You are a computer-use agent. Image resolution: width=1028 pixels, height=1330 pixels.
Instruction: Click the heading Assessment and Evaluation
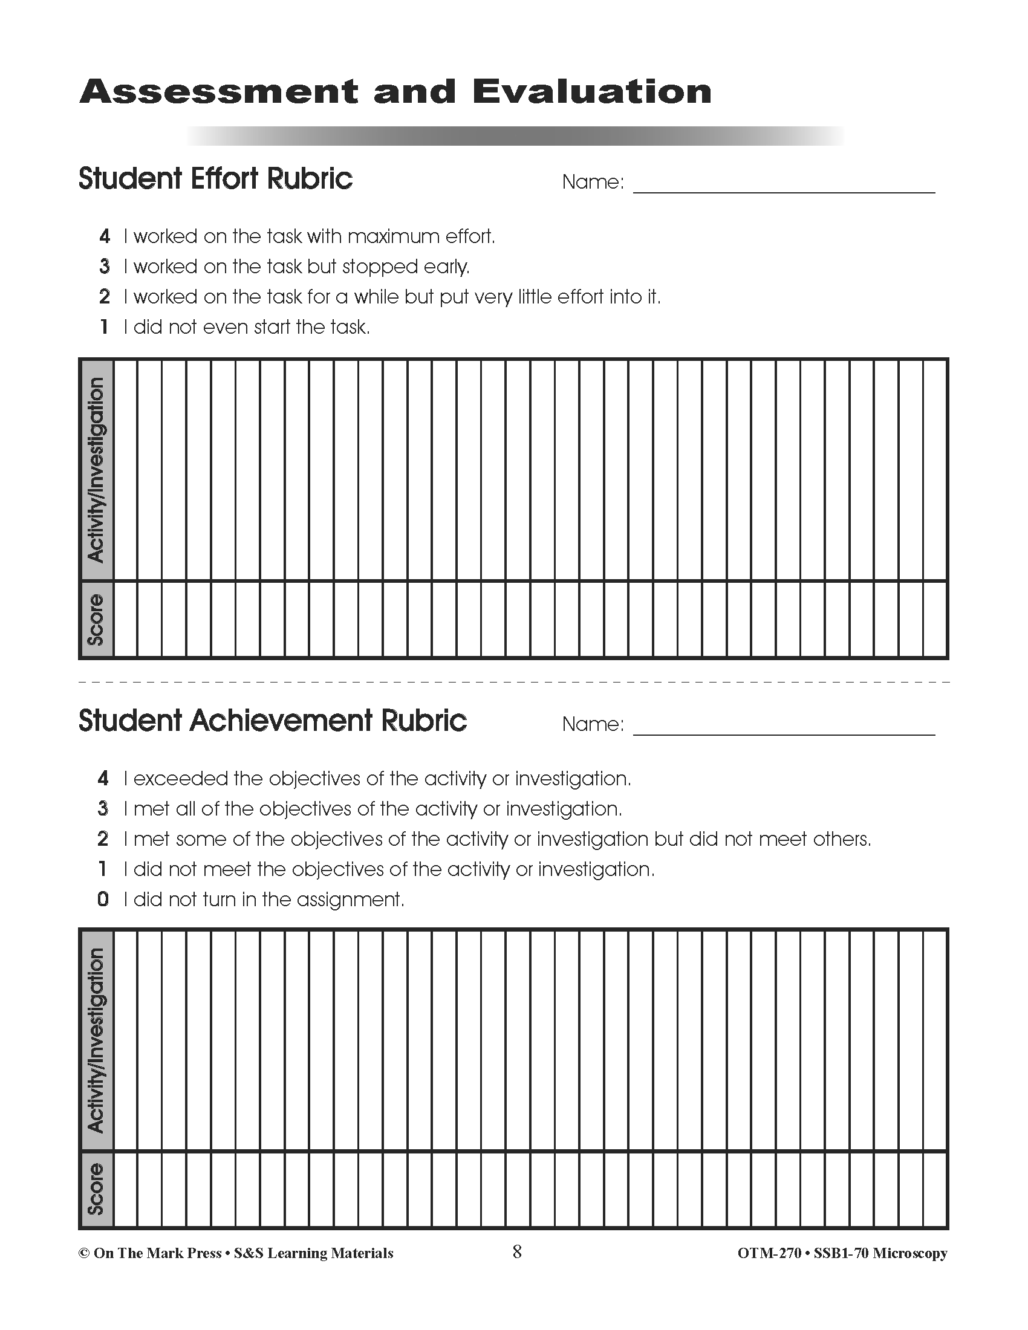tap(395, 92)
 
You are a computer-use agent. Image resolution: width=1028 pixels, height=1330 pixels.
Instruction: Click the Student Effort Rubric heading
tap(216, 179)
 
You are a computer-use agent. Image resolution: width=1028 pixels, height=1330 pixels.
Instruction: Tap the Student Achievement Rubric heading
tap(272, 721)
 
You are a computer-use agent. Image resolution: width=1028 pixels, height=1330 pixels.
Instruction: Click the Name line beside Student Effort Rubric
tap(784, 185)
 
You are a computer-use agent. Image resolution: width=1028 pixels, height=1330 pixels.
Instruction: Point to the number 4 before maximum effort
tap(105, 236)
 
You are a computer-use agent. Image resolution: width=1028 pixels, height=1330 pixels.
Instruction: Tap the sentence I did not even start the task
tap(247, 328)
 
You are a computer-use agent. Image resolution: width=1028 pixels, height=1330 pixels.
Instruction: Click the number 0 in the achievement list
tap(103, 900)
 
